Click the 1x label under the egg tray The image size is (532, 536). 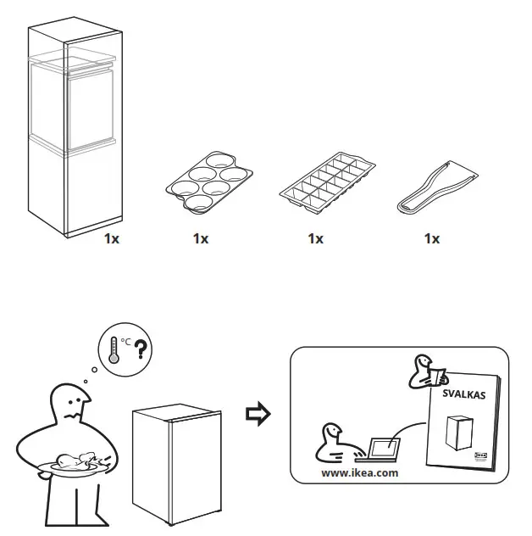(200, 239)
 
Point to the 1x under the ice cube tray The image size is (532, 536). (315, 239)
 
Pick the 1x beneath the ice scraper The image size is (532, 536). (432, 239)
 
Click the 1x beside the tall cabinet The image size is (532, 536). (111, 239)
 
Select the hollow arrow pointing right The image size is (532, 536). (258, 414)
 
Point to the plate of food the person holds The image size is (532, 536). (73, 464)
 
